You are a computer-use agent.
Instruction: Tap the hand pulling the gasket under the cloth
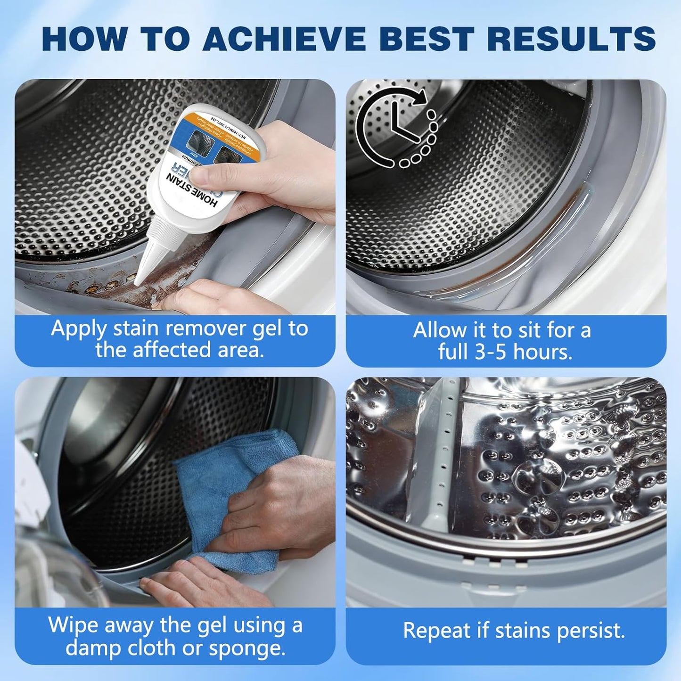198,582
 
